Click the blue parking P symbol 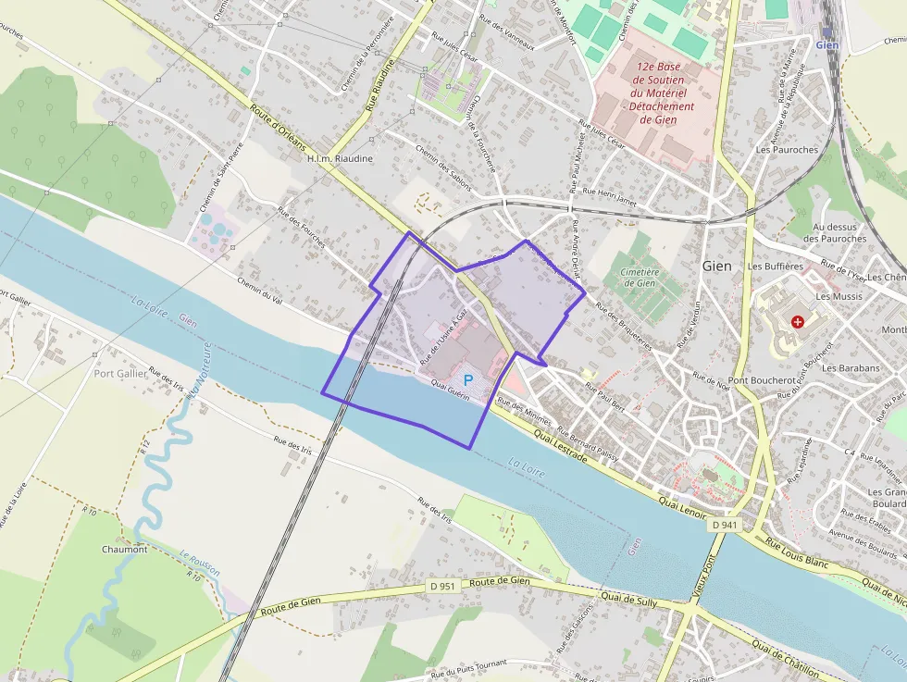(468, 379)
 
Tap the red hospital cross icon (798, 321)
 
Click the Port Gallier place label (120, 374)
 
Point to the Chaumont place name (124, 549)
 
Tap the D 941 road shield (726, 525)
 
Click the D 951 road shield (443, 586)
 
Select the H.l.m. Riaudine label (340, 158)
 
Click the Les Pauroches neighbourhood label (787, 149)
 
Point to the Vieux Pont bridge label (705, 576)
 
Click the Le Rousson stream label (200, 564)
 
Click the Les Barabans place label (851, 367)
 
